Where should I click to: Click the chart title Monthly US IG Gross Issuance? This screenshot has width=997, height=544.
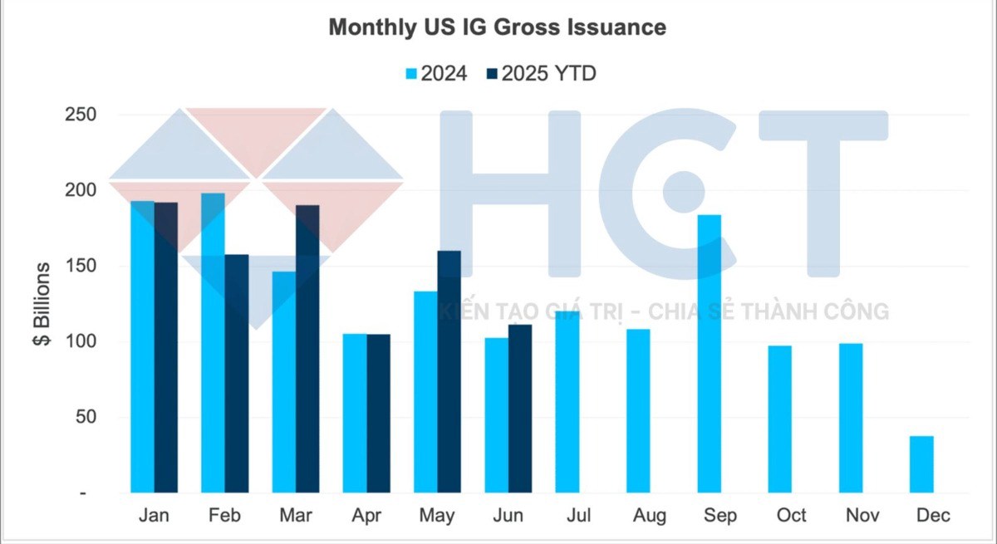497,27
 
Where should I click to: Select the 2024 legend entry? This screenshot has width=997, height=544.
435,74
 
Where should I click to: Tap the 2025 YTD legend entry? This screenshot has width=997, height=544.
540,74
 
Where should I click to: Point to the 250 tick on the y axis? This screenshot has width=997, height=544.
81,115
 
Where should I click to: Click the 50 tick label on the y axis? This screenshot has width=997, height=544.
86,418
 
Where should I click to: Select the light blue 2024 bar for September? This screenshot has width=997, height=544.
709,354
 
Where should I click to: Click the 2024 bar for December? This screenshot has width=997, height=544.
921,464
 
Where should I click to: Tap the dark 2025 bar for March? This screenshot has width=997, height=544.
307,349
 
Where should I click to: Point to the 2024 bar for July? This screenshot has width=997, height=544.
567,403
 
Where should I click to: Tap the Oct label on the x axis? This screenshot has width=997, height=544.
791,516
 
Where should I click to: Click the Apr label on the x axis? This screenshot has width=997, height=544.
366,516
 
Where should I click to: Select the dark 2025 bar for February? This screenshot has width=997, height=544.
237,374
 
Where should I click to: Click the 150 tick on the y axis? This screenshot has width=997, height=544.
81,267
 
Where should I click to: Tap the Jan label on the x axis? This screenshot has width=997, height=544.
154,516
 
